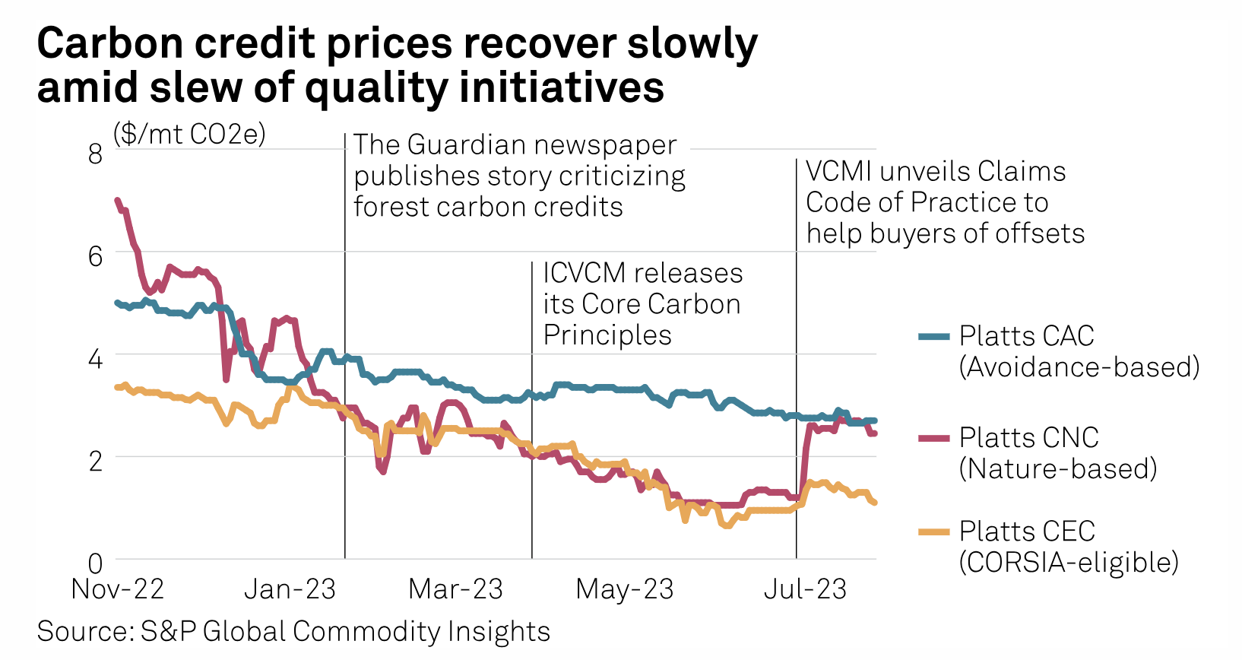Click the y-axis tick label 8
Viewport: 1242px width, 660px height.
(95, 154)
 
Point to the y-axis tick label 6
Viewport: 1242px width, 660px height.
(95, 256)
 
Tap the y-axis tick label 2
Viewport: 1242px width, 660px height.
(95, 461)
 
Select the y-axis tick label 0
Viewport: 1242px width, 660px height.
(95, 563)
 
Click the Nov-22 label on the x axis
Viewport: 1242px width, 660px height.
(118, 589)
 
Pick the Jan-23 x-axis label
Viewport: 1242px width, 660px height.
(290, 589)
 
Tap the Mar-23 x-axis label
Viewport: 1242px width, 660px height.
(455, 589)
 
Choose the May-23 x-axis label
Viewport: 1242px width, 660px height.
(625, 589)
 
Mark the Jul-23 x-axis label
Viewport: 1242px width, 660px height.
(805, 589)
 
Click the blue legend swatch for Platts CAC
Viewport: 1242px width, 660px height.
(933, 336)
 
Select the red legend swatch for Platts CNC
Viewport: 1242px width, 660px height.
(933, 438)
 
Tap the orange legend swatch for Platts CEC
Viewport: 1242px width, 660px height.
(933, 531)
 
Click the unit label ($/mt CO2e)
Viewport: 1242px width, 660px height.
(189, 134)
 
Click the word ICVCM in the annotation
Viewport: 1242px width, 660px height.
(584, 273)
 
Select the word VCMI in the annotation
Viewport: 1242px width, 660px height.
(838, 172)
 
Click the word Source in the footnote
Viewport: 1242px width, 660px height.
(81, 631)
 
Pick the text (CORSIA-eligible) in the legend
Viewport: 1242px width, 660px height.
(1069, 563)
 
